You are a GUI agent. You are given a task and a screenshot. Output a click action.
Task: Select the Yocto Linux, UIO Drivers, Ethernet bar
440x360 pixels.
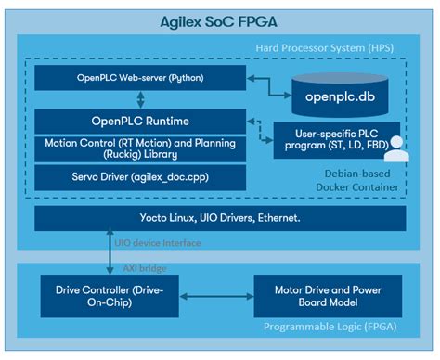(x=219, y=219)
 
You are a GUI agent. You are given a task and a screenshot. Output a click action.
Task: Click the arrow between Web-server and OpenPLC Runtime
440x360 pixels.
(x=137, y=98)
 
